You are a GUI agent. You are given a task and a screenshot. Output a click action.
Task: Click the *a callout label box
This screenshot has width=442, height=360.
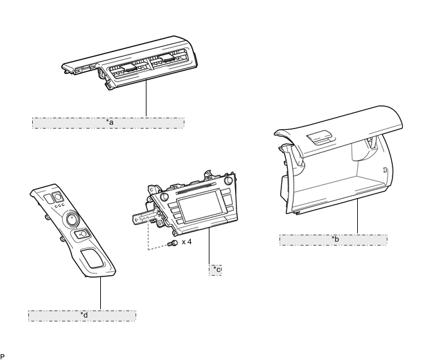108,123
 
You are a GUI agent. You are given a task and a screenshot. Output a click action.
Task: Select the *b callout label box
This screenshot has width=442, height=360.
333,240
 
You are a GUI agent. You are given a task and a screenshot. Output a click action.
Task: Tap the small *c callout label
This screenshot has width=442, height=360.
215,270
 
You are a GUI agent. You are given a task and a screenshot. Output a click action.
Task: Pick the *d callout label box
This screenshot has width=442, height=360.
82,316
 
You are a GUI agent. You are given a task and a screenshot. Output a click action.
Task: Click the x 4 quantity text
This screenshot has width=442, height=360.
186,242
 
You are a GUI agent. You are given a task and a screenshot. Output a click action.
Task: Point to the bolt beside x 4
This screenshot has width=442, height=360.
173,243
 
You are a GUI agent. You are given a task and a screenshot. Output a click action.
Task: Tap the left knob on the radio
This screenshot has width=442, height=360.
164,196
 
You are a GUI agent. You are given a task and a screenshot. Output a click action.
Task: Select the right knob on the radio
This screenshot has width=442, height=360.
228,181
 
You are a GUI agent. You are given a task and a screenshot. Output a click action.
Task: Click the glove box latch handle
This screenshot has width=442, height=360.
321,138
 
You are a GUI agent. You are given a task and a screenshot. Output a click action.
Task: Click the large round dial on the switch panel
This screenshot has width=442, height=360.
73,219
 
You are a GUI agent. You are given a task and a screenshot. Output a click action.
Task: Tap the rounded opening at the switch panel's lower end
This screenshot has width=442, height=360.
93,258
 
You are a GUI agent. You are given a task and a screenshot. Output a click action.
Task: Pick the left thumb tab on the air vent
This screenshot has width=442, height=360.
129,67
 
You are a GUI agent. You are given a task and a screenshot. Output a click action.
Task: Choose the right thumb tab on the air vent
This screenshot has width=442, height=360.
167,58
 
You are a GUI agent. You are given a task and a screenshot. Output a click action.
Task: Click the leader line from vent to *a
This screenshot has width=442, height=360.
146,98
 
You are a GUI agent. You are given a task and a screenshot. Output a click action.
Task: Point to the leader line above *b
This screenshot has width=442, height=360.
358,217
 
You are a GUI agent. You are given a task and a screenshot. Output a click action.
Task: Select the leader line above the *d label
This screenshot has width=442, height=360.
101,293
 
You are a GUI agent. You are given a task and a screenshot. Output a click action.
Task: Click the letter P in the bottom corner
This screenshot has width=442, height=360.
3,357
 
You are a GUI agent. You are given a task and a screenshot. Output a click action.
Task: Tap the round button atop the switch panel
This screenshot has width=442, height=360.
58,196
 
